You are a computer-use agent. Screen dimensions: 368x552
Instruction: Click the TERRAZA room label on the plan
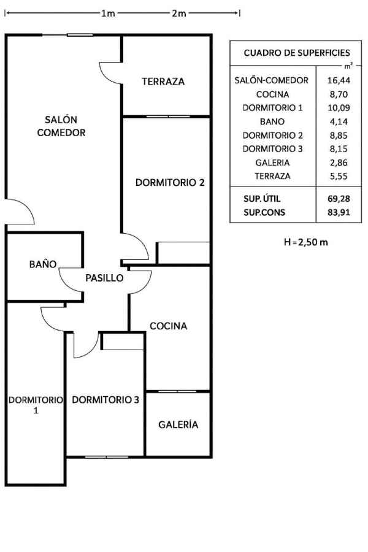(x=163, y=82)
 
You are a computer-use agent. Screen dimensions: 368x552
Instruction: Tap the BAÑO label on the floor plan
(x=43, y=264)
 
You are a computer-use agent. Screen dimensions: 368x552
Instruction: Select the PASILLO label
(x=104, y=278)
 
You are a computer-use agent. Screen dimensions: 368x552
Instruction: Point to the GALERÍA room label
(x=178, y=424)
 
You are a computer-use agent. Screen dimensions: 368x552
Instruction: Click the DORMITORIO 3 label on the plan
(x=105, y=399)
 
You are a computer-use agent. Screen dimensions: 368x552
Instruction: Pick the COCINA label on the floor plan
(x=168, y=326)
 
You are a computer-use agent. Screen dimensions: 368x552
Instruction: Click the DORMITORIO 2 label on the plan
(x=170, y=182)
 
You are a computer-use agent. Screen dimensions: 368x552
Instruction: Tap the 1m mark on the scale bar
(x=108, y=13)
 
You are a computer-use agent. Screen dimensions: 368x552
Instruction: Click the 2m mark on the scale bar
(x=178, y=13)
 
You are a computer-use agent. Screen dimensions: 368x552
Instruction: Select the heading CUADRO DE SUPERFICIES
(x=297, y=53)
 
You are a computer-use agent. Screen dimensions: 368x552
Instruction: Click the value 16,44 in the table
(x=339, y=80)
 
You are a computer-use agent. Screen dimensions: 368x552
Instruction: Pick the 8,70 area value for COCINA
(x=339, y=94)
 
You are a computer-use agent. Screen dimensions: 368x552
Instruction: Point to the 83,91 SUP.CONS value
(x=339, y=212)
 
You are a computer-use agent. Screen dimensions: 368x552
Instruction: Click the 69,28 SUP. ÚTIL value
(x=339, y=199)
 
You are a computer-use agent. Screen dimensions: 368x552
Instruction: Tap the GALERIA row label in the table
(x=272, y=163)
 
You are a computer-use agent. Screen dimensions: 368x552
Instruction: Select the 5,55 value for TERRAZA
(x=339, y=176)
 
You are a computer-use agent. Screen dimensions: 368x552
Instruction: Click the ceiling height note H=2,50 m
(x=306, y=242)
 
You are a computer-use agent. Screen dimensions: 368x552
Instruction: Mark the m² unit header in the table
(x=348, y=66)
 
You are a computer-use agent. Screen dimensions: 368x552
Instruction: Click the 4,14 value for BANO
(x=339, y=122)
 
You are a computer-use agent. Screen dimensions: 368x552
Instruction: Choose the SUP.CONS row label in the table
(x=264, y=212)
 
